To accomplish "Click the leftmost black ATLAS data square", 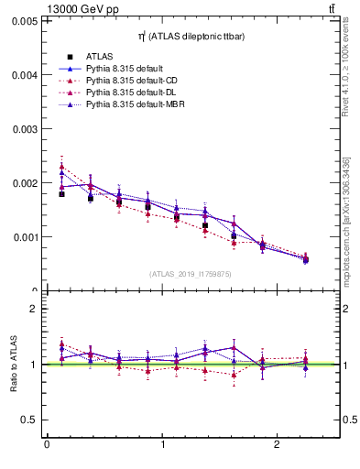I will [61, 194].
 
